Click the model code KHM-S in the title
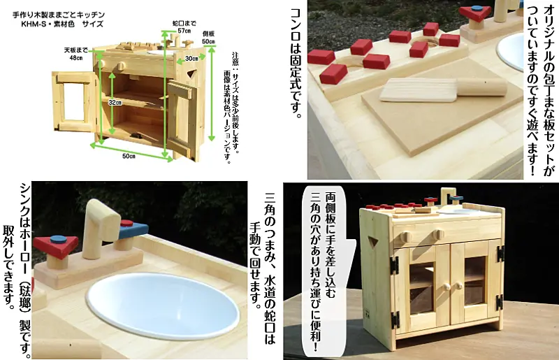click(32, 24)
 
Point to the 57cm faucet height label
click(184, 31)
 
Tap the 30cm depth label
click(191, 59)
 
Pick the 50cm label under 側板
click(208, 41)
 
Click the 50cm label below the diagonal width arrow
click(129, 157)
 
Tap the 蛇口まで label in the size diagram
click(184, 24)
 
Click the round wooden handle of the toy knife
click(481, 87)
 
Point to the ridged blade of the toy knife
click(419, 90)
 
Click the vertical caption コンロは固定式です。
click(296, 62)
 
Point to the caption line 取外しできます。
click(10, 266)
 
